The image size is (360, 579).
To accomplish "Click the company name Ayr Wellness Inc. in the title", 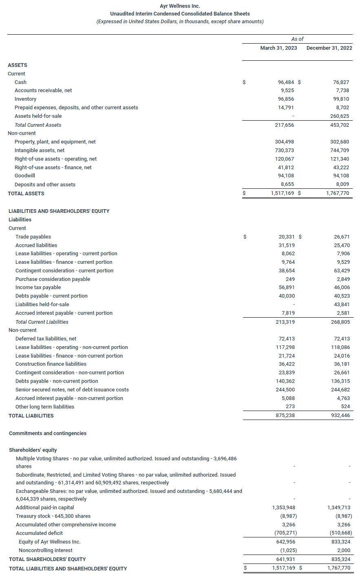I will click(180, 6).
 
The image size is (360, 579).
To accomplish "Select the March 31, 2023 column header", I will click(278, 48).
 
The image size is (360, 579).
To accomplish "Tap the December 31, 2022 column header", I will click(329, 48).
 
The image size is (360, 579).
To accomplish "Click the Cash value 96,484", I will click(286, 82).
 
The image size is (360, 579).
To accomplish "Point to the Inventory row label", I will click(25, 99).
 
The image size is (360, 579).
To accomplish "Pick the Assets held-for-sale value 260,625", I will click(340, 116).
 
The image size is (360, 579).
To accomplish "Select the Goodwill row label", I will click(25, 176).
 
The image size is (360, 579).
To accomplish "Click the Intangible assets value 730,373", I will click(284, 150).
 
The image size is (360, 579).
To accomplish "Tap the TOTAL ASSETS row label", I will click(26, 194).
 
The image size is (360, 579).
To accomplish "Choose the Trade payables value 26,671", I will click(341, 237).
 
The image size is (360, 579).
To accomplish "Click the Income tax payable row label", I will click(38, 287).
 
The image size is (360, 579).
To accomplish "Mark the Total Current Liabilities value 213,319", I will click(285, 322).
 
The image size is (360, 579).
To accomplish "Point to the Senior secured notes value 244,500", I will click(285, 390).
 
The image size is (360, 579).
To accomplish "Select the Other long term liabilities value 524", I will click(345, 407).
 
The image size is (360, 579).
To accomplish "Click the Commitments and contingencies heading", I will click(48, 433).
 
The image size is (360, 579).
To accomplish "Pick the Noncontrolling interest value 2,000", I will click(344, 550).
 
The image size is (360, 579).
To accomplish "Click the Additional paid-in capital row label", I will click(45, 508).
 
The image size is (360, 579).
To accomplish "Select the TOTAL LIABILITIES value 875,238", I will click(285, 415).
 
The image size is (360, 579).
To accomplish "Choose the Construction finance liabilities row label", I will click(51, 364).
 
